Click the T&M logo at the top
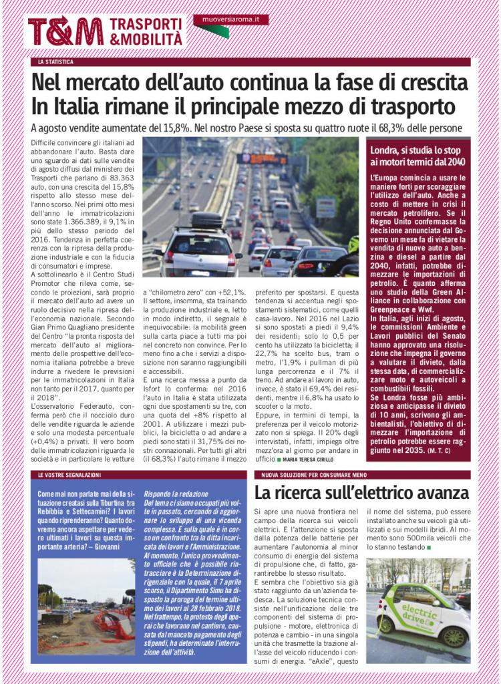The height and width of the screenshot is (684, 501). [x=65, y=31]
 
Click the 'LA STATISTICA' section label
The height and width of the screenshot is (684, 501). [x=55, y=62]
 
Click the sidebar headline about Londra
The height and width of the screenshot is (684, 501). [x=419, y=156]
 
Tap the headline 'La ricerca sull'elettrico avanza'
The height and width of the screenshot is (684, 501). [x=361, y=494]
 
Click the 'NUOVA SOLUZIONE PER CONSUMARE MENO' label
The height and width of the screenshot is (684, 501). [x=309, y=474]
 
